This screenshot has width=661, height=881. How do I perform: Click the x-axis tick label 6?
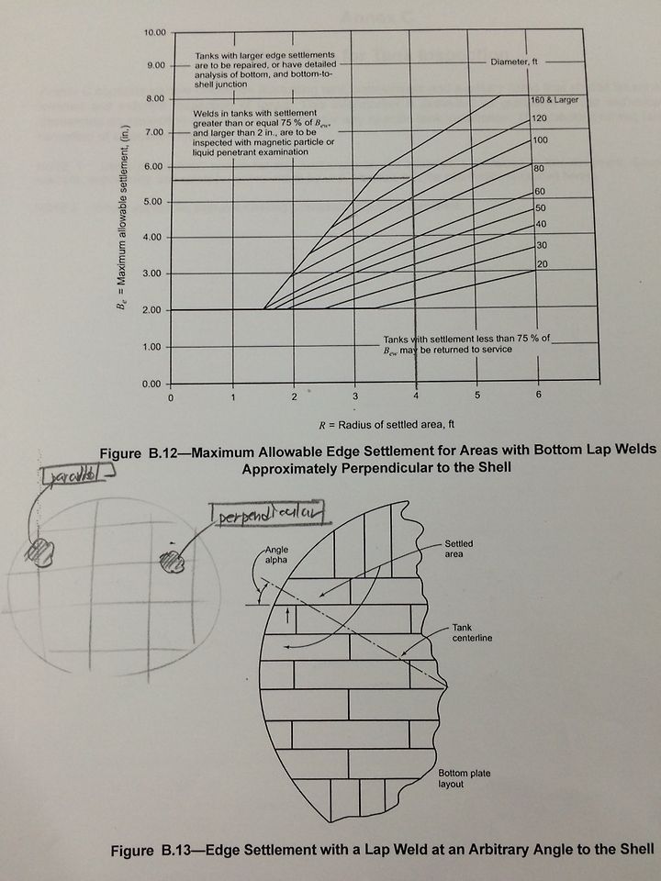(x=539, y=395)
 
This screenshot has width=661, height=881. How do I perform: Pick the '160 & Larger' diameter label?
(x=554, y=100)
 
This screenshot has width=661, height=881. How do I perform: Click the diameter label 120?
(x=539, y=119)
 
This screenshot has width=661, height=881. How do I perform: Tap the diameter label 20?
(x=541, y=263)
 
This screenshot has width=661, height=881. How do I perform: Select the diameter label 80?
(x=539, y=169)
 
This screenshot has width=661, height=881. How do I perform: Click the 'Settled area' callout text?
(x=458, y=550)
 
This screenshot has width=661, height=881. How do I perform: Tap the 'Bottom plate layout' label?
(x=465, y=779)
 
